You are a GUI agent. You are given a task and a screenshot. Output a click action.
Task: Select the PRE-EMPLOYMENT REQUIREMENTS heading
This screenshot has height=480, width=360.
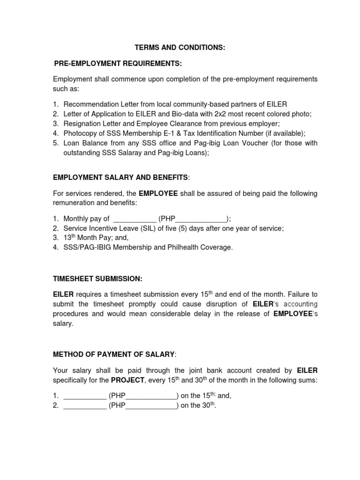(118, 63)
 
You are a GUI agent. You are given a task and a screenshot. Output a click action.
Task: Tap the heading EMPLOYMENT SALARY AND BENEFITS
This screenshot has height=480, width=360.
(120, 177)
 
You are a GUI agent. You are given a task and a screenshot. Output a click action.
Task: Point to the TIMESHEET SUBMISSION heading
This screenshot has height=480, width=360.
(97, 278)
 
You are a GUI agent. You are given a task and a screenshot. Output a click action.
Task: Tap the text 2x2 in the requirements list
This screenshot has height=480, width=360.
(232, 114)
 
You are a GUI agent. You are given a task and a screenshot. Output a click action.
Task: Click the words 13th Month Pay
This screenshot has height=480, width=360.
(85, 238)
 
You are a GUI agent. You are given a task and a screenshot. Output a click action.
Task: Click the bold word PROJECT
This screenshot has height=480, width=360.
(127, 380)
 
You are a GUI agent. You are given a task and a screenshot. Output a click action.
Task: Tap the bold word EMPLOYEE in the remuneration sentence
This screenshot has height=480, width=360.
(158, 194)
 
